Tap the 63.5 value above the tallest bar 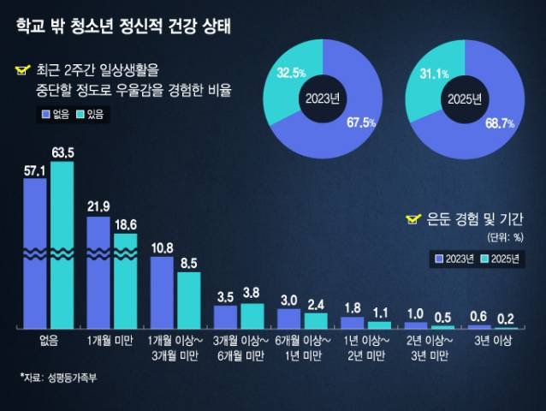[x=62, y=152]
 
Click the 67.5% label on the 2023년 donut [x=361, y=122]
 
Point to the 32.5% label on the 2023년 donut [x=292, y=73]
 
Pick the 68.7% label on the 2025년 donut [x=500, y=124]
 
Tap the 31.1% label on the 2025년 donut [x=434, y=74]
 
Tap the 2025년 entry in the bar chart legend [x=499, y=258]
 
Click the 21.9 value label [x=98, y=206]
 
